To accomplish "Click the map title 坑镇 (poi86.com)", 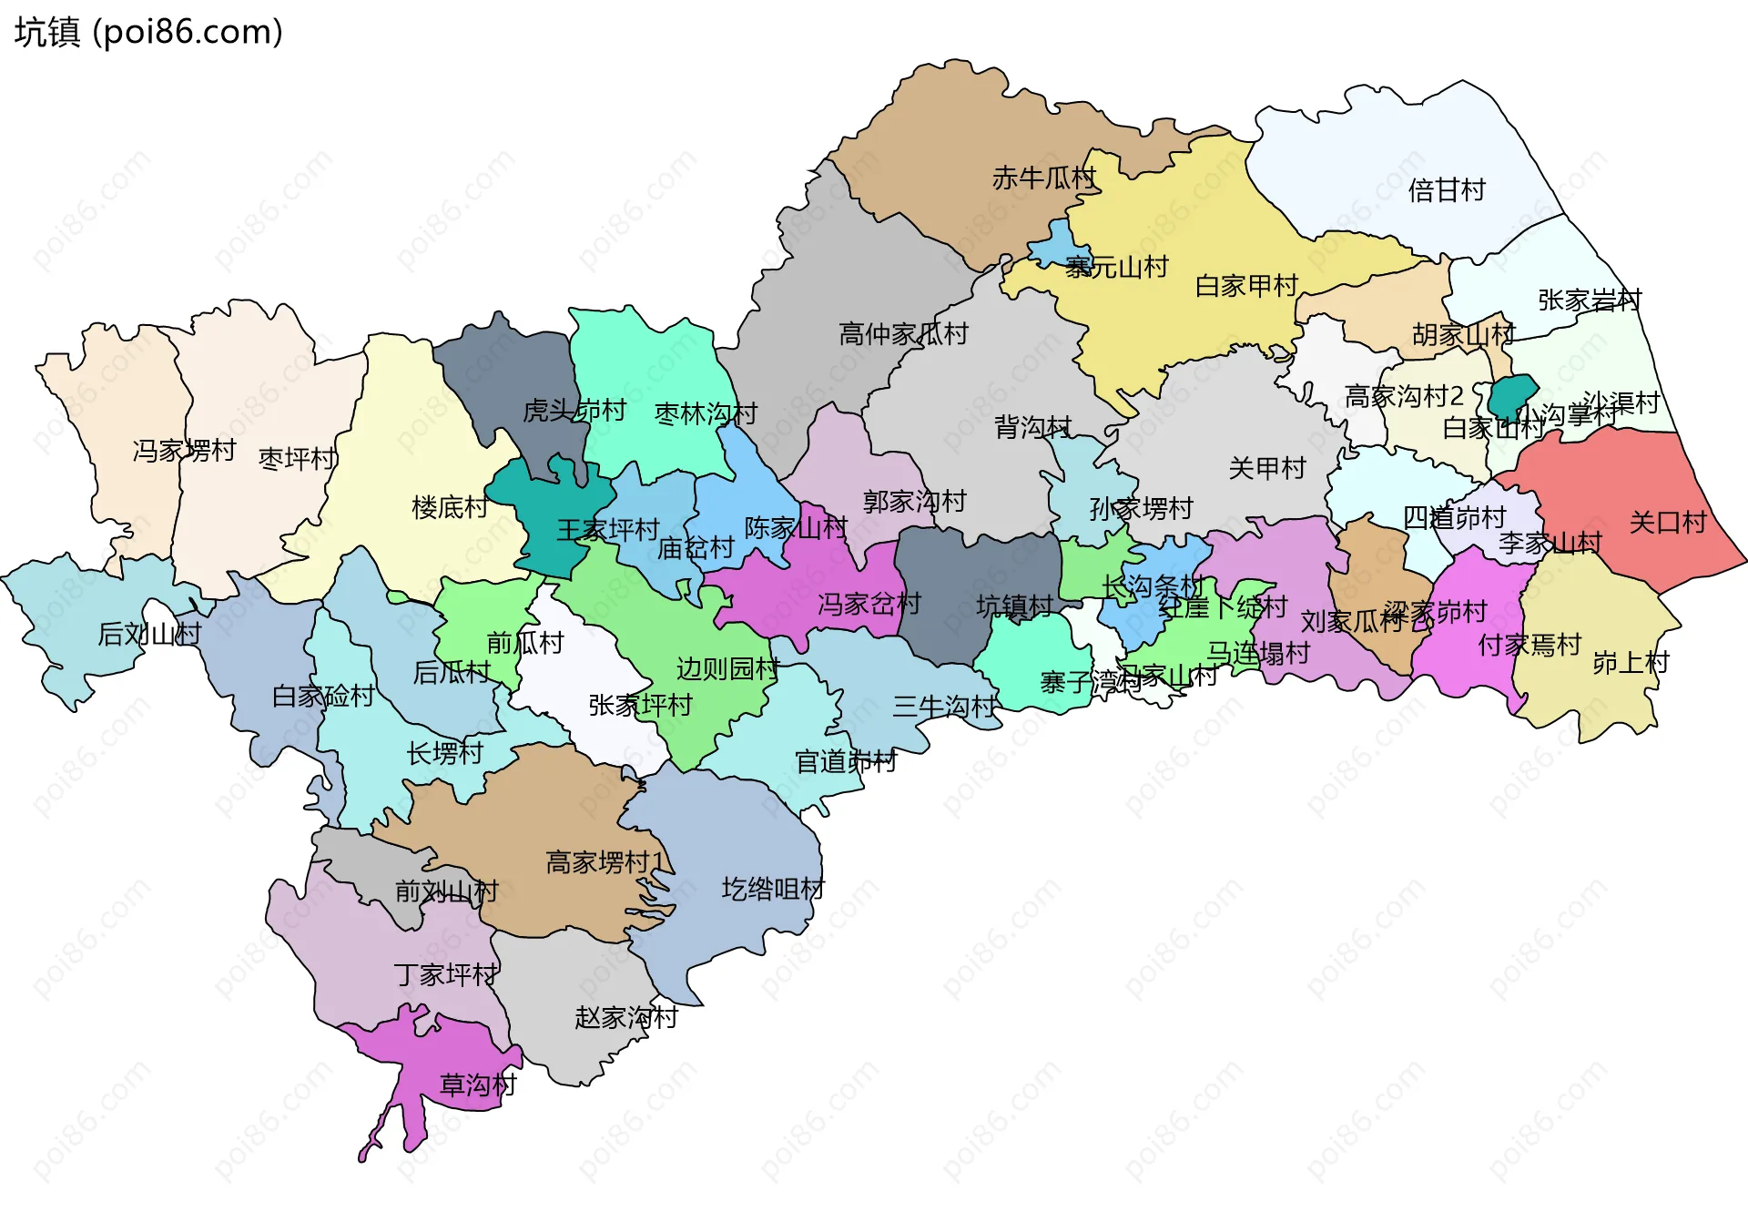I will coord(148,32).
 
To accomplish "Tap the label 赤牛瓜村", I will coord(1043,178).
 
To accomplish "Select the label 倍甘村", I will coord(1446,190).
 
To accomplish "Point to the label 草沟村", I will coord(478,1085).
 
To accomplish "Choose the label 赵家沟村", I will coord(625,1017).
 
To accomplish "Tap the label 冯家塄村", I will coord(184,450).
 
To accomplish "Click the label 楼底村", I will coord(450,506).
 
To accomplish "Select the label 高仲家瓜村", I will coord(903,334).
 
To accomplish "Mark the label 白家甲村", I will coord(1245,286).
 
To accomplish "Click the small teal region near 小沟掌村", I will coord(1511,394).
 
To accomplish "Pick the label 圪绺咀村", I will coord(773,888).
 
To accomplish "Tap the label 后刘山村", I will coord(149,633).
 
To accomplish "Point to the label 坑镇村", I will coord(1014,606).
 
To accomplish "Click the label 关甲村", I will coord(1266,468).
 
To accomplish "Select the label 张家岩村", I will coord(1589,300).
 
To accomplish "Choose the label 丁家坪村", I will coord(445,974).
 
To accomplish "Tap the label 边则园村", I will coord(727,668).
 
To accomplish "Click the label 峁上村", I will coord(1630,662).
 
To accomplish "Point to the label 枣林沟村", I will coord(706,413).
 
